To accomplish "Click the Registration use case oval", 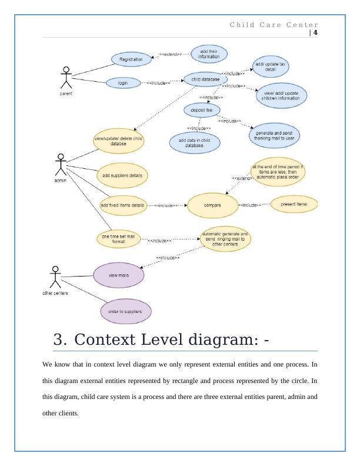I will [131, 59].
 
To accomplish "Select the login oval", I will [123, 83].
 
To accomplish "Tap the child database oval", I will [205, 79].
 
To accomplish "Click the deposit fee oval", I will [202, 109].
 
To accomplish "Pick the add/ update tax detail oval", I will [271, 66].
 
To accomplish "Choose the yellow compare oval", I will [212, 205].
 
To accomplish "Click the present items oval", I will [294, 204].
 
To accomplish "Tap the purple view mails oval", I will [119, 274].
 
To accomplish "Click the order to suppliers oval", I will [125, 311].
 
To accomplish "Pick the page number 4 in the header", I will [315, 33].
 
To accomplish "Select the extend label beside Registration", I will [171, 55].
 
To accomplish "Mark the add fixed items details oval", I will [122, 205].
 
